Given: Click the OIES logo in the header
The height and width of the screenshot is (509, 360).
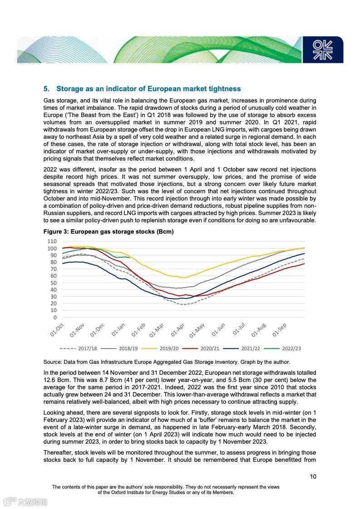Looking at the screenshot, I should pos(323,49).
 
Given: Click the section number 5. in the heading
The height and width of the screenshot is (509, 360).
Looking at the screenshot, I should pos(46,88).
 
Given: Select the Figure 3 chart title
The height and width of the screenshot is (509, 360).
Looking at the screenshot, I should pos(108,231).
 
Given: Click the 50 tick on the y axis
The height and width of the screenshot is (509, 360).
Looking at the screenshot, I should pos(53,283).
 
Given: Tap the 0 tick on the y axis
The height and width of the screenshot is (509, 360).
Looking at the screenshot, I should pos(54,318).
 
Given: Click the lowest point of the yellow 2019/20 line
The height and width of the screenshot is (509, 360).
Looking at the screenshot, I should pos(183,278).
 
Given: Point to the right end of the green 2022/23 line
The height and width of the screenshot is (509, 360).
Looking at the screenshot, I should pos(130,258).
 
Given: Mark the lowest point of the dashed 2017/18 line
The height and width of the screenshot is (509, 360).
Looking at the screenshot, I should pos(182,304).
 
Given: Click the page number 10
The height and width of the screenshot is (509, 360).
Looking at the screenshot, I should pos(313,476).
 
